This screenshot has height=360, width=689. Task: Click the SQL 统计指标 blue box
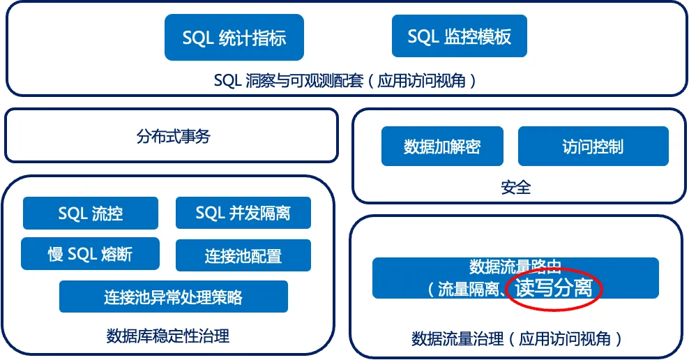(x=234, y=37)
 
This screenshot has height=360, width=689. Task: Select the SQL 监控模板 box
(x=459, y=36)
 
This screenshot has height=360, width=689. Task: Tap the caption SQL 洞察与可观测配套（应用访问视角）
(x=346, y=81)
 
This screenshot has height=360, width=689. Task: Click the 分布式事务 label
(x=173, y=137)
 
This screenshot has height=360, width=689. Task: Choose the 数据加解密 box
(x=442, y=147)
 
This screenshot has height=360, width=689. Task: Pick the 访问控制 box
(x=593, y=147)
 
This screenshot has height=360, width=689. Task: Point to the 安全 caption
(x=516, y=187)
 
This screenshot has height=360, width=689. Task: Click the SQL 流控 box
(x=91, y=213)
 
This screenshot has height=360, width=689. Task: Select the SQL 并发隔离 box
(x=243, y=213)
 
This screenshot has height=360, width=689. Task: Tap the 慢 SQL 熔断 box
(x=90, y=254)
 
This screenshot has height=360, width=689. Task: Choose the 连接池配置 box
(x=243, y=255)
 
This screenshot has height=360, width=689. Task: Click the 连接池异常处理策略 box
(x=174, y=297)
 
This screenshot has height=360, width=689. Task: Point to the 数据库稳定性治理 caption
(x=168, y=336)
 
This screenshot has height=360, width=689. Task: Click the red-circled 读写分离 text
(x=554, y=288)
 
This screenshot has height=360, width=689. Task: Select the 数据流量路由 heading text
(x=515, y=267)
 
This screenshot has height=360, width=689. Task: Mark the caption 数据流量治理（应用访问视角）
(x=516, y=339)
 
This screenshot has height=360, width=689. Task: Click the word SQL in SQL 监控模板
(x=423, y=36)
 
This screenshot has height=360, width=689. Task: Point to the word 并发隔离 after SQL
(x=259, y=213)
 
